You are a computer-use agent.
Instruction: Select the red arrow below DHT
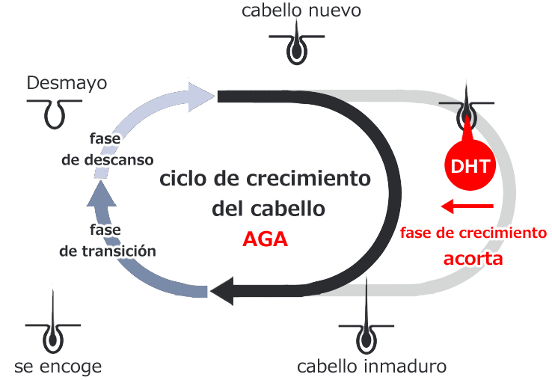467,205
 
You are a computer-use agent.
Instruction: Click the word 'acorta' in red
473,260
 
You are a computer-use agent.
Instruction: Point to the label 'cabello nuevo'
301,10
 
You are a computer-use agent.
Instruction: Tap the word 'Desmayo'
67,82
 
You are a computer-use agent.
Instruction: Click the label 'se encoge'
58,367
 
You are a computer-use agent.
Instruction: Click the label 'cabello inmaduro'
371,367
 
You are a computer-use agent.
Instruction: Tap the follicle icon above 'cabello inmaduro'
367,330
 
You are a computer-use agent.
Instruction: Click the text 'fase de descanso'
106,150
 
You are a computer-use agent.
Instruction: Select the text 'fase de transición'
107,241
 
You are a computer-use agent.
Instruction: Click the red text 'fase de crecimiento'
473,233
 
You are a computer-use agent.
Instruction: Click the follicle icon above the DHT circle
467,111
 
